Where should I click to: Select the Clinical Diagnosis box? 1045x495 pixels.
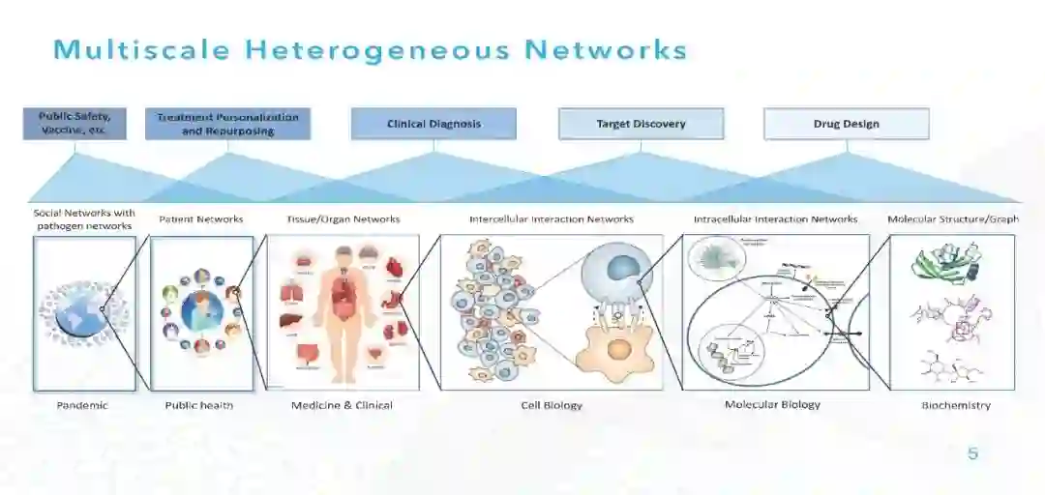coord(433,124)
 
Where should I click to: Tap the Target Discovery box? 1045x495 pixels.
coord(641,124)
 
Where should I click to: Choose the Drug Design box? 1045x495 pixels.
coord(847,124)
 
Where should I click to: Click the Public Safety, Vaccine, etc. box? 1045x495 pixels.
coord(75,124)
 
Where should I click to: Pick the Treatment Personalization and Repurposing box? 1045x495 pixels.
coord(227,124)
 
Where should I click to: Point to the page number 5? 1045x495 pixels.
coord(972,453)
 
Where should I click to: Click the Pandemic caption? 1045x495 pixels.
coord(83,406)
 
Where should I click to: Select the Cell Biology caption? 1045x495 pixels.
coord(552,406)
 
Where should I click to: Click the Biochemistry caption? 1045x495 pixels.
coord(955,406)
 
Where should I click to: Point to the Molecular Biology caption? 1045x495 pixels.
coord(772,405)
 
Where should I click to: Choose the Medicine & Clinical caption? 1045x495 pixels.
coord(342,406)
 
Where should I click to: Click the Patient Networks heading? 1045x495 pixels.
coord(201,219)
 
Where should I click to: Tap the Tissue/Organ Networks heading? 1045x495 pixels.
coord(343,219)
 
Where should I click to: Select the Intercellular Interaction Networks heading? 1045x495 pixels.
coord(552,219)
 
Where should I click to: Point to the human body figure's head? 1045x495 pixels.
coord(343,255)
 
